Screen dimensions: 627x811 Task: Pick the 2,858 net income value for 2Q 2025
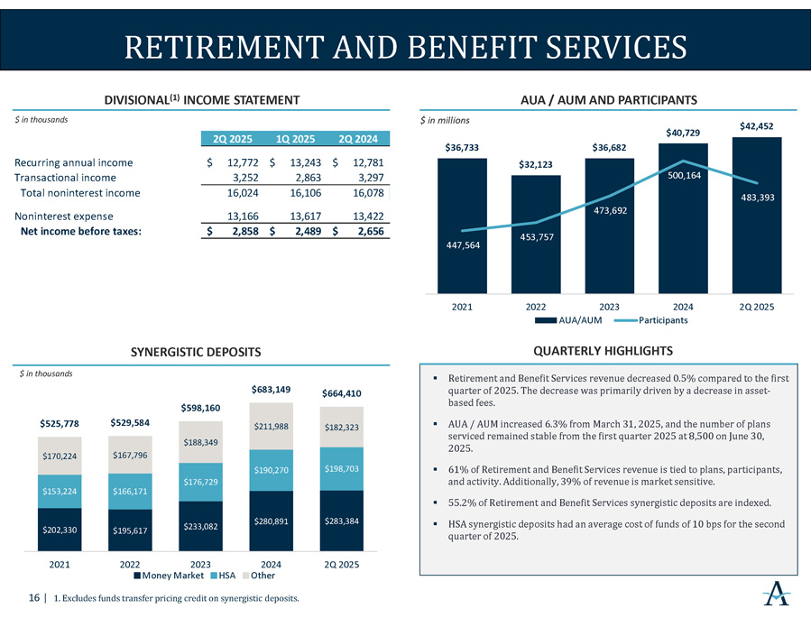coord(240,232)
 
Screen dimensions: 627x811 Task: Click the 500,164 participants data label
coord(683,177)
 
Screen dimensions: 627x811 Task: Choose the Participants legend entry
coord(662,320)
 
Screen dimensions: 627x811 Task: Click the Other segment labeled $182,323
coord(341,427)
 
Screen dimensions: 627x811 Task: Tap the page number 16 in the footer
coord(32,597)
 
